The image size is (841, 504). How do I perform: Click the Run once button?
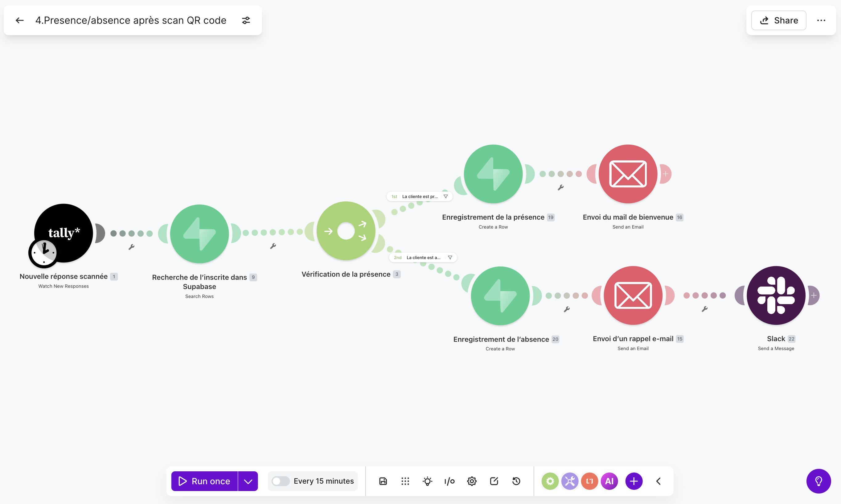tap(204, 481)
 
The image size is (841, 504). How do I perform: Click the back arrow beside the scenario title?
tap(20, 20)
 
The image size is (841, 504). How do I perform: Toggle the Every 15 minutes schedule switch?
tap(281, 481)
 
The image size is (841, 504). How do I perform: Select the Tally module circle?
tap(64, 233)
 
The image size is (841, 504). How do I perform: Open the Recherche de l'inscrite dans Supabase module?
tap(199, 234)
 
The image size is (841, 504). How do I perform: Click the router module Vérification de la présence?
tap(346, 231)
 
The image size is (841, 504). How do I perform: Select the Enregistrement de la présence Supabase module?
tap(493, 174)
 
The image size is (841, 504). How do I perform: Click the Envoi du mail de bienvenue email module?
tap(628, 174)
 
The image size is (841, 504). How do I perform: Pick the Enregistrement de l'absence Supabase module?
tap(500, 296)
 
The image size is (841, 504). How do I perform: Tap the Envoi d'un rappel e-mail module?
tap(633, 295)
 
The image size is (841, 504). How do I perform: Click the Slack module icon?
tap(776, 295)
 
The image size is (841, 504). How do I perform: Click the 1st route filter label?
tap(420, 196)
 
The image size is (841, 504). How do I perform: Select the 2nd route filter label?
tap(423, 258)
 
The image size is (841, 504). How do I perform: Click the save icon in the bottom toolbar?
tap(383, 481)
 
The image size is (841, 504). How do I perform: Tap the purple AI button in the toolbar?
tap(609, 481)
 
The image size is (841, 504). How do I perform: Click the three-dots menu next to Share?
tap(821, 20)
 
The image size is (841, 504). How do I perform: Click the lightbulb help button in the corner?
tap(818, 481)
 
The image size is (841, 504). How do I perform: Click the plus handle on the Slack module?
tap(814, 295)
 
